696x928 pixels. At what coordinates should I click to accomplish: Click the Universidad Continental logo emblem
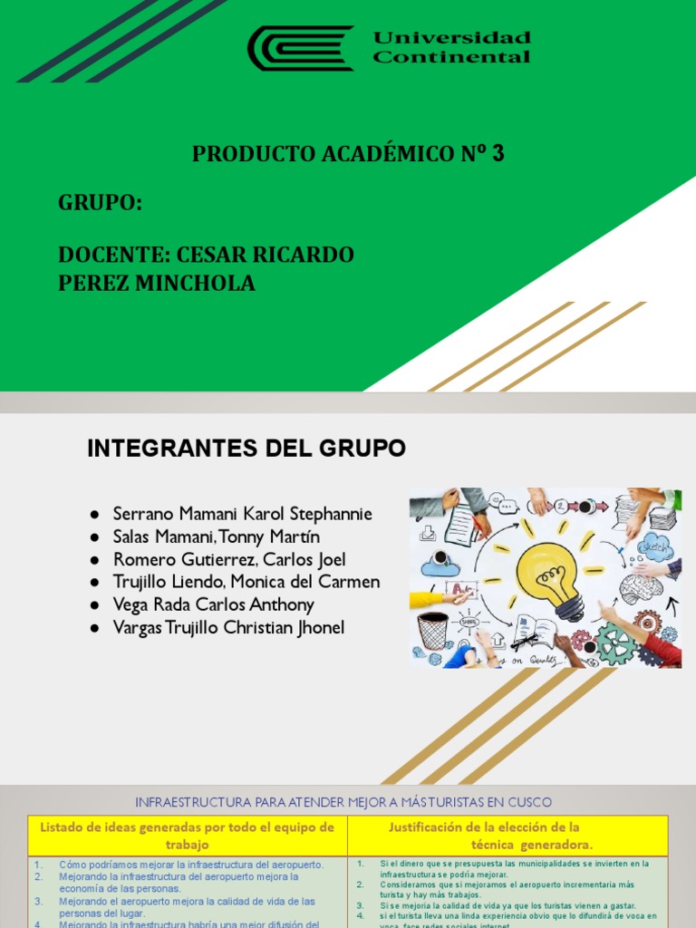click(300, 48)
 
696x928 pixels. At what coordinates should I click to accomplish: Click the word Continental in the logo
click(451, 58)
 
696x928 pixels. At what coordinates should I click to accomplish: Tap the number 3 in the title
click(498, 154)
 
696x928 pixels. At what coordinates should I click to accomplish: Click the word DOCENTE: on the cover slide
click(113, 255)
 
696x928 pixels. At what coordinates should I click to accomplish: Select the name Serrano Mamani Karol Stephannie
click(242, 514)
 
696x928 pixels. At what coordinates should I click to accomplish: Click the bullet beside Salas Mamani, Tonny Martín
click(95, 537)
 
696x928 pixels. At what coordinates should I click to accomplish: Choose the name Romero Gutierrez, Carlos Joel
click(228, 559)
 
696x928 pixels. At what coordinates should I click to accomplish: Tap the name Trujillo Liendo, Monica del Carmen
click(246, 582)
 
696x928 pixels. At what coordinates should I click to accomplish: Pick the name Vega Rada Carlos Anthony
click(213, 604)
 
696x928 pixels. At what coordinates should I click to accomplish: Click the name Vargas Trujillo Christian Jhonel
click(228, 627)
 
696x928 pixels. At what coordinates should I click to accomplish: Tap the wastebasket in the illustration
click(432, 629)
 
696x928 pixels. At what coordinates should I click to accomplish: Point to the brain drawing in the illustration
click(640, 588)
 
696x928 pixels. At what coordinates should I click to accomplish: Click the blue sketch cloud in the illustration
click(654, 546)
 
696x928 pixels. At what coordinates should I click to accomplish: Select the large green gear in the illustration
click(615, 643)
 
